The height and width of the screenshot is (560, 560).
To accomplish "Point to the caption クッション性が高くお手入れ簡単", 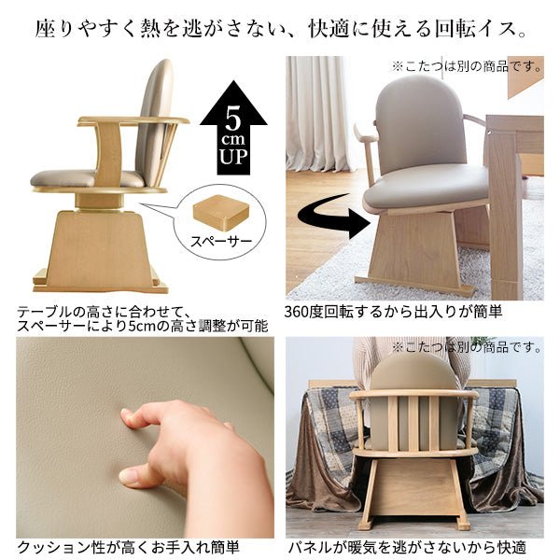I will coord(128,547).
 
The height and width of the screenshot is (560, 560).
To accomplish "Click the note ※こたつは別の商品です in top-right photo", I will coord(466,66).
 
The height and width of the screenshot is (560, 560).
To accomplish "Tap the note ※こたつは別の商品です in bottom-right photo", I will coord(466,347).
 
